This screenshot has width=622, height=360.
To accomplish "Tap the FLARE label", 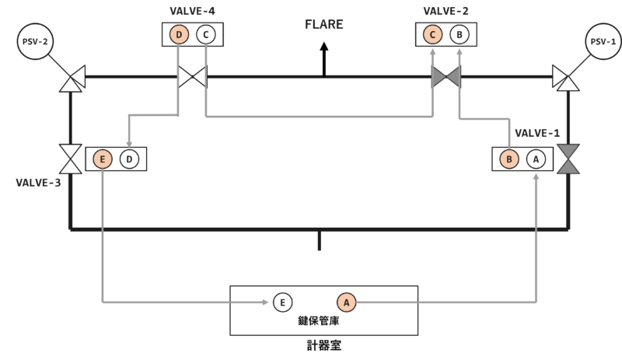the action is (323, 25).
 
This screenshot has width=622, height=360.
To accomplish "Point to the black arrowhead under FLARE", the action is (324, 47).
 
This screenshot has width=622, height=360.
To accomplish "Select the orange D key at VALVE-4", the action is (179, 34).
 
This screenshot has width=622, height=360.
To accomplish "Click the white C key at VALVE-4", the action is (205, 34).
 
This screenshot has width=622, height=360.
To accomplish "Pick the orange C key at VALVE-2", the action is (432, 34).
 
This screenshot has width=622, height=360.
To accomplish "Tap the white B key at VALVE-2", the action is (460, 34).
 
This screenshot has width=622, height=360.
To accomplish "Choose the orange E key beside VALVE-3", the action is (103, 159).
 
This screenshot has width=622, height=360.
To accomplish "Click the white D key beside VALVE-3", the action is (129, 159).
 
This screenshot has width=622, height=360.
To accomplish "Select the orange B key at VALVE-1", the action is (509, 159).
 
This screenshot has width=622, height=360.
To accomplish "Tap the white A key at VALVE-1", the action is (536, 159).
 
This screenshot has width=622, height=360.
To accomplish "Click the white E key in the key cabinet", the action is (282, 302).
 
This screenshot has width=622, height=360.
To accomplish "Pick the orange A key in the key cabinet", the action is (346, 302).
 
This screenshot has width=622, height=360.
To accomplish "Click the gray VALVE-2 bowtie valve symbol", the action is (446, 77).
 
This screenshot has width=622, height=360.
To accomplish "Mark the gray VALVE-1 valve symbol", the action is (568, 159).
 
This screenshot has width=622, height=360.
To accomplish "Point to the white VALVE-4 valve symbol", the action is (192, 77).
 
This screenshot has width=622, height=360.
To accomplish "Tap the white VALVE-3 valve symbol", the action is (71, 159).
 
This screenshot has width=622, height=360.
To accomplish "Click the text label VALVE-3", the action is (38, 183).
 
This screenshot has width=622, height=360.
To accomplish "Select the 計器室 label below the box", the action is (324, 345).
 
